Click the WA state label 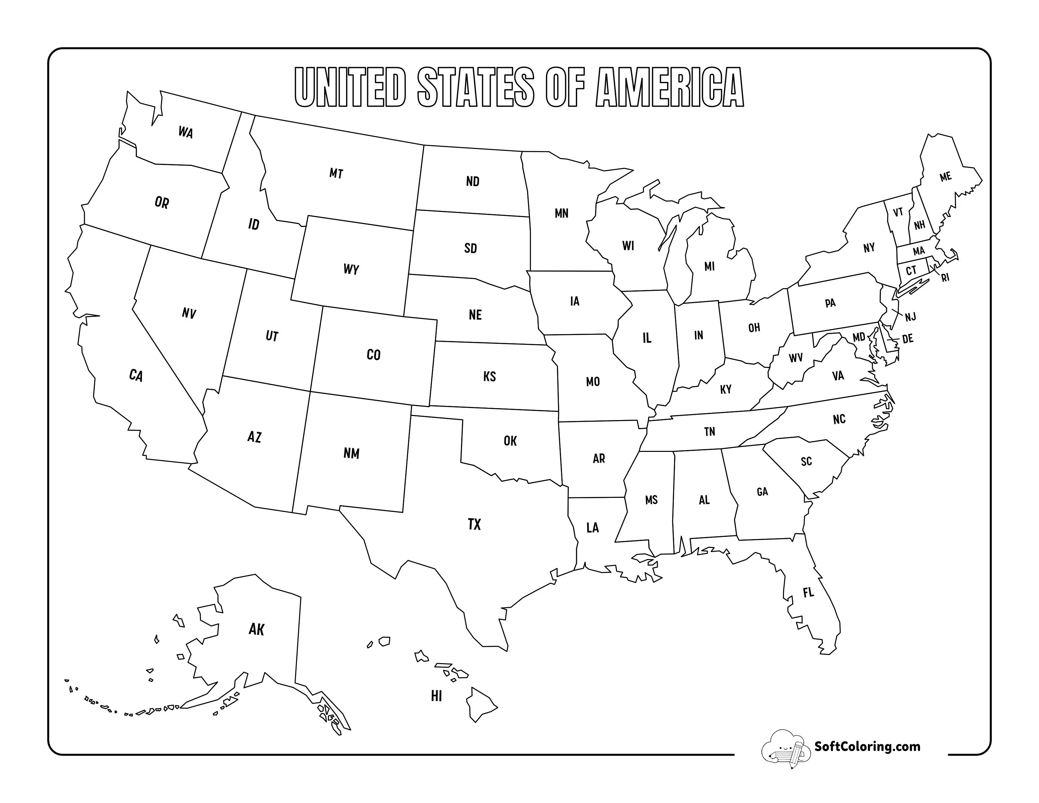point(185,132)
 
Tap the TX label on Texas point(474,524)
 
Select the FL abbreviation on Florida point(808,592)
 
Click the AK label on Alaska point(256,629)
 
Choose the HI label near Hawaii point(436,696)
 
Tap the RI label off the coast point(945,278)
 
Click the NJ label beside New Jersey point(910,317)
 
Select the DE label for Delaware point(907,339)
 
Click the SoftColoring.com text point(867,746)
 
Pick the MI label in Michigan point(709,266)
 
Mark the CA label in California point(136,375)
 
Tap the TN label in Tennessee point(709,431)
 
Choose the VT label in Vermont point(898,212)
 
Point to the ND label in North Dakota point(472,181)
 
